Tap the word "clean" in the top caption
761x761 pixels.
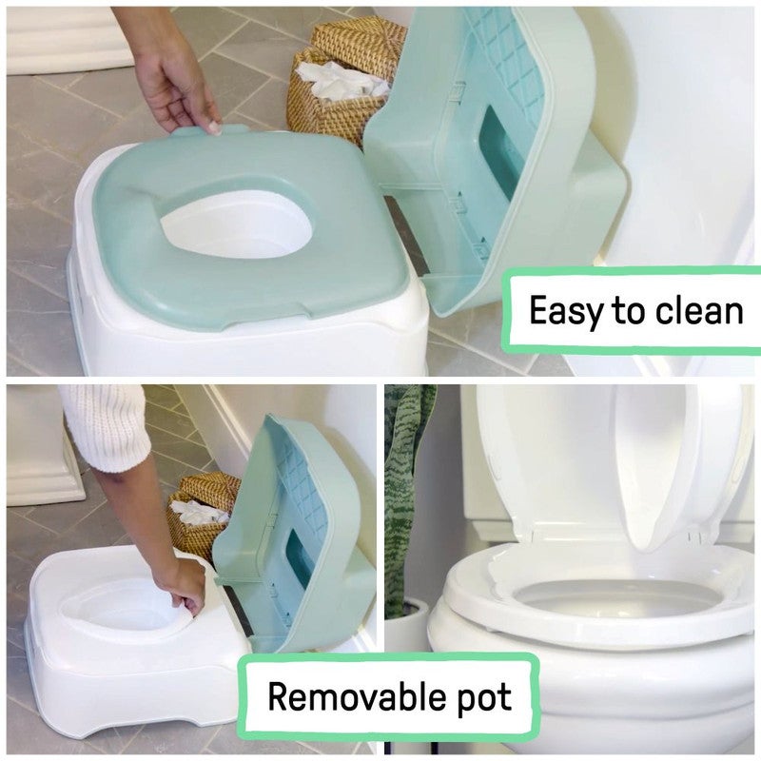pyautogui.click(x=699, y=311)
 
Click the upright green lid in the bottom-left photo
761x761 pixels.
pyautogui.click(x=295, y=533)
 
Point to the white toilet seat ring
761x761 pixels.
pyautogui.click(x=495, y=590)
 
